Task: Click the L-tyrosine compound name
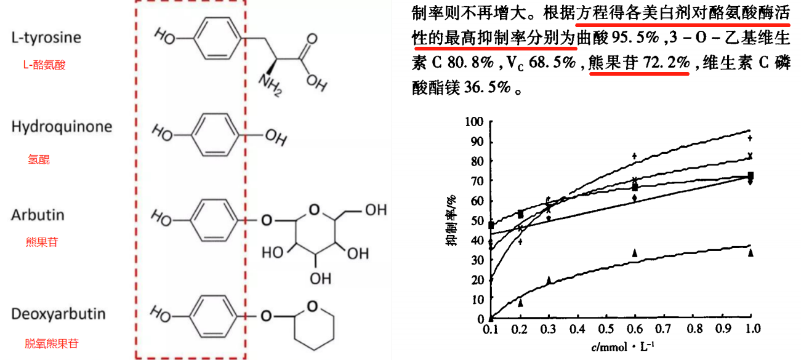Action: [x=46, y=38]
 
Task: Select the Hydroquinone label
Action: [x=62, y=127]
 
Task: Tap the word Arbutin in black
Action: [x=38, y=215]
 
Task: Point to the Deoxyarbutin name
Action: [x=58, y=314]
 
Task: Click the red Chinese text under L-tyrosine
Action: [x=43, y=65]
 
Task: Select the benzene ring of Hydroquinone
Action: [x=215, y=132]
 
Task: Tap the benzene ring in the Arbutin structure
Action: [x=215, y=218]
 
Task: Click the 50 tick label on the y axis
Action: [x=478, y=220]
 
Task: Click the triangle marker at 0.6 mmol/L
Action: [x=635, y=253]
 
